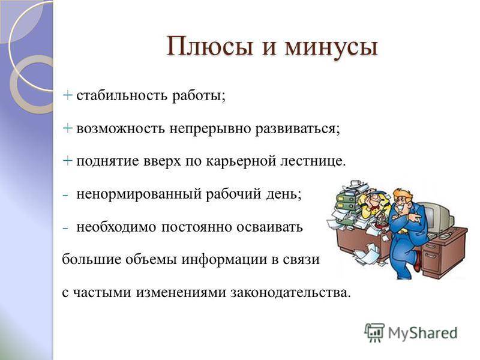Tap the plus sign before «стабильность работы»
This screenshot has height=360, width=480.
(x=67, y=95)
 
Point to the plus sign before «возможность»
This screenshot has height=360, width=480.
(x=67, y=128)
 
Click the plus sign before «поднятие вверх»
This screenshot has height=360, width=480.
(x=67, y=161)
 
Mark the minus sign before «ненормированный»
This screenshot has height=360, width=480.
(x=65, y=195)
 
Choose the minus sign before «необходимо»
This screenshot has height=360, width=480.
(x=65, y=228)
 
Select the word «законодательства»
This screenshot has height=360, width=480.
(x=290, y=293)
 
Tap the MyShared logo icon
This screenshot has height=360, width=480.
(x=374, y=332)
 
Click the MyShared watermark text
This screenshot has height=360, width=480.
(x=422, y=333)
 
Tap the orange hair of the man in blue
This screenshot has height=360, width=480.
(x=403, y=195)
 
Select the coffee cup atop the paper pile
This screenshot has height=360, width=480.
(x=355, y=183)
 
